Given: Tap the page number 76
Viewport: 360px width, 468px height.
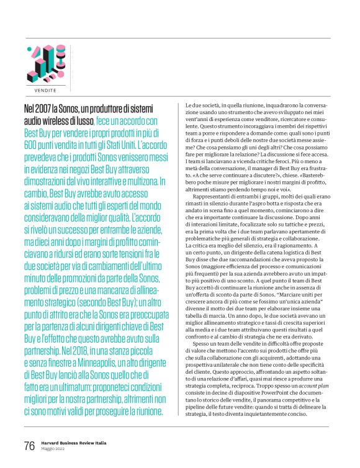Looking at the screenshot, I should [x=29, y=446].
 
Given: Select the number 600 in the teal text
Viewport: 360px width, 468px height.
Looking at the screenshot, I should [x=30, y=145].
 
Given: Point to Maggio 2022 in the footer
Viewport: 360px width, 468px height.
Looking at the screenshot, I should [x=56, y=449].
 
